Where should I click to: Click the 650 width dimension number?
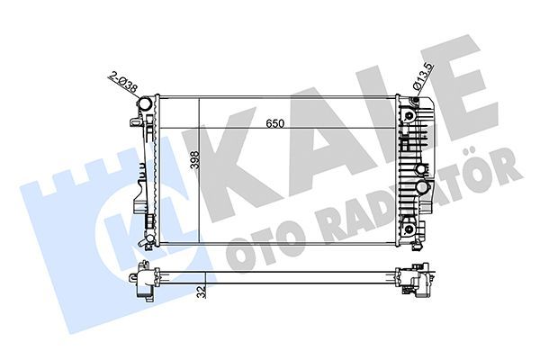(x=275, y=124)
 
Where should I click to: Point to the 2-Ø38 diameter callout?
(x=121, y=85)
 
